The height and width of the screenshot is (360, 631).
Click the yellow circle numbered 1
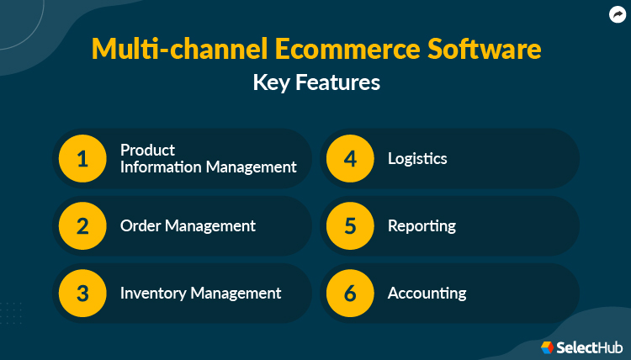click(x=82, y=159)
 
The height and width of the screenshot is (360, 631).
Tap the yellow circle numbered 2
click(x=82, y=226)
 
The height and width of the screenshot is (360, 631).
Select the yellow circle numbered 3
click(x=82, y=294)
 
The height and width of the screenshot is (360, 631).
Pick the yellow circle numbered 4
click(x=350, y=159)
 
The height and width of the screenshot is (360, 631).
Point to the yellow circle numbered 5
click(x=350, y=226)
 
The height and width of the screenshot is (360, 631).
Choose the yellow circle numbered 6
click(x=350, y=294)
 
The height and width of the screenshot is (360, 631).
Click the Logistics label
click(x=417, y=158)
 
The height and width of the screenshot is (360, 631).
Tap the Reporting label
click(x=422, y=225)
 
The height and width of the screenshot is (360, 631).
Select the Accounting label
click(x=427, y=293)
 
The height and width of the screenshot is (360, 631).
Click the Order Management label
click(x=188, y=225)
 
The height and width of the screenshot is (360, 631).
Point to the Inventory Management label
click(x=200, y=293)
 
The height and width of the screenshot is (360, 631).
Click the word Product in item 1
click(x=147, y=150)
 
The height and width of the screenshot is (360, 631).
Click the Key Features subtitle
click(x=315, y=82)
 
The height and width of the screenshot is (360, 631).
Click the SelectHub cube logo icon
click(x=548, y=347)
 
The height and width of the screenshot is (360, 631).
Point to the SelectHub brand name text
click(x=590, y=347)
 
